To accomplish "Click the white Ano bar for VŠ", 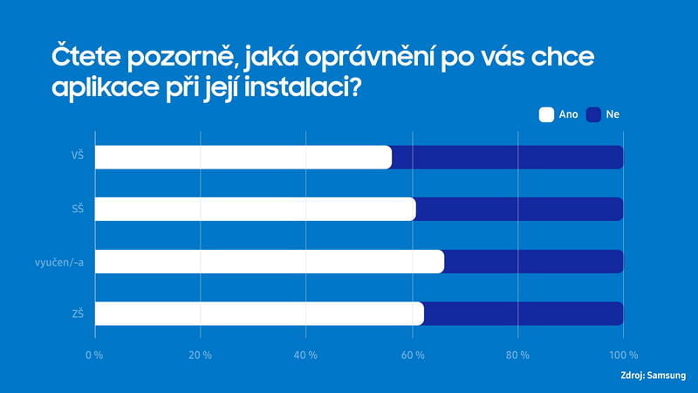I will (x=243, y=157).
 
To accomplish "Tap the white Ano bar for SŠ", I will (x=255, y=210).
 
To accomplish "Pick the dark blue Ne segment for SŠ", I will (x=520, y=210).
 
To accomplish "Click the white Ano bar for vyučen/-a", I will (x=269, y=262).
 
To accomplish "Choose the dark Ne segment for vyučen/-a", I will (x=534, y=262).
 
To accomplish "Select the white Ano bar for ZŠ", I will (x=258, y=314).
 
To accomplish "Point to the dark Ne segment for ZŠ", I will (x=523, y=314).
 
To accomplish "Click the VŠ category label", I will (x=77, y=157).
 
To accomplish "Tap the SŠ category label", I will (x=77, y=210).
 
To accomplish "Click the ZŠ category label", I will (x=77, y=314).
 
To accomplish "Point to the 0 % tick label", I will (x=93, y=355).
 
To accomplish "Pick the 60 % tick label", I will (x=413, y=355).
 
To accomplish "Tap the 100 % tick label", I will (x=624, y=355).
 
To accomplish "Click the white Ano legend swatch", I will (x=548, y=114).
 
